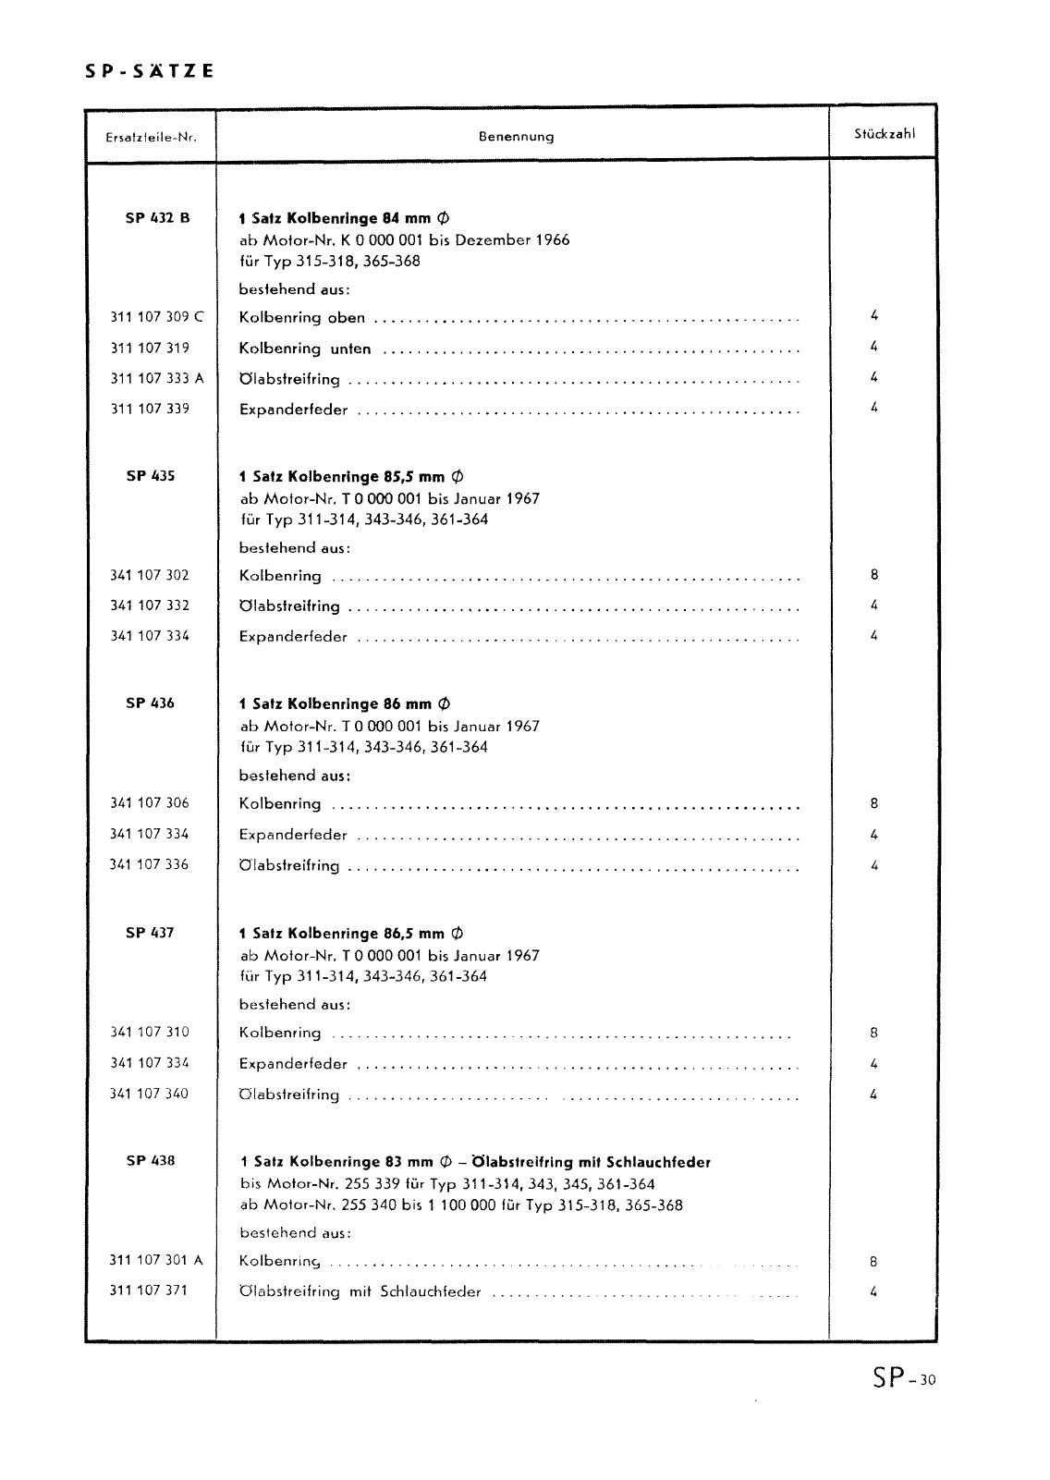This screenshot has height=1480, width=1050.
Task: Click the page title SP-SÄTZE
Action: coord(144,70)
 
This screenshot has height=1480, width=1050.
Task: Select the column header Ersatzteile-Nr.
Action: coord(150,137)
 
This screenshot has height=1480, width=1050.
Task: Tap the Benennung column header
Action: coord(516,137)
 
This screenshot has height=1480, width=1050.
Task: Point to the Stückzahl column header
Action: coord(885,133)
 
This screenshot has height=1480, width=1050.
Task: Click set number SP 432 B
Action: coord(157,218)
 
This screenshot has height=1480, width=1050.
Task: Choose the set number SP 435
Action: coord(150,476)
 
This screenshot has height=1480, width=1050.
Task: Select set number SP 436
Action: coord(150,703)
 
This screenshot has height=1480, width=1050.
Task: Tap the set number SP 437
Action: coord(150,933)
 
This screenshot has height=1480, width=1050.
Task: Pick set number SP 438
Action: coord(150,1161)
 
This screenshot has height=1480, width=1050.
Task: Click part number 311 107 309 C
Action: coord(157,317)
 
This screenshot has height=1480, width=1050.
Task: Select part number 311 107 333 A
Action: coord(157,378)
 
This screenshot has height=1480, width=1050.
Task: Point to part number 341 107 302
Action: coord(150,575)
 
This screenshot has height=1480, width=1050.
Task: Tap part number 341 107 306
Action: coord(150,803)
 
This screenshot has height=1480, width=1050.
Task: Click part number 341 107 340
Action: coord(150,1094)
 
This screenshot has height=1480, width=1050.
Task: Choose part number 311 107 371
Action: coord(150,1290)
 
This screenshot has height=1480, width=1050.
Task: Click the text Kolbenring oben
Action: coord(302,318)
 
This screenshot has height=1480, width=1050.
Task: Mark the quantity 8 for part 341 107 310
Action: coord(873,1033)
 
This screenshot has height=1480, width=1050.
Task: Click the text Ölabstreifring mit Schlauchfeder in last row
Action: coord(360,1291)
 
